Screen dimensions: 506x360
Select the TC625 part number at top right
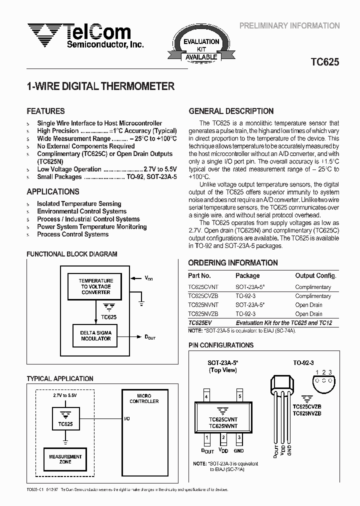pyautogui.click(x=324, y=62)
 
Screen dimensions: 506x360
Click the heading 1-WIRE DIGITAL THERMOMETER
pyautogui.click(x=100, y=86)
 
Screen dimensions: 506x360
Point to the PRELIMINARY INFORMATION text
pyautogui.click(x=289, y=25)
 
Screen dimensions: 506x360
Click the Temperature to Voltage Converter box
pyautogui.click(x=96, y=286)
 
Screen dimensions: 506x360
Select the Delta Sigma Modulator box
pyautogui.click(x=96, y=335)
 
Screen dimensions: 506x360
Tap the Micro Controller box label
pyautogui.click(x=144, y=398)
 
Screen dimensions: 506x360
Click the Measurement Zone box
pyautogui.click(x=65, y=459)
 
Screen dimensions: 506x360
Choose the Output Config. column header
pyautogui.click(x=316, y=275)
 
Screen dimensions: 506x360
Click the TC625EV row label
pyautogui.click(x=200, y=323)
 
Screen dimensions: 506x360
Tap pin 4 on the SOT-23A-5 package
pyautogui.click(x=206, y=396)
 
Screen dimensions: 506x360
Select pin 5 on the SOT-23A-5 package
pyautogui.click(x=239, y=396)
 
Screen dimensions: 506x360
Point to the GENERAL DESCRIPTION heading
pyautogui.click(x=231, y=111)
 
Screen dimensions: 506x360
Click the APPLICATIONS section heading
pyautogui.click(x=53, y=191)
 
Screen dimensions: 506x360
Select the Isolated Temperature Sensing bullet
pyautogui.click(x=79, y=204)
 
